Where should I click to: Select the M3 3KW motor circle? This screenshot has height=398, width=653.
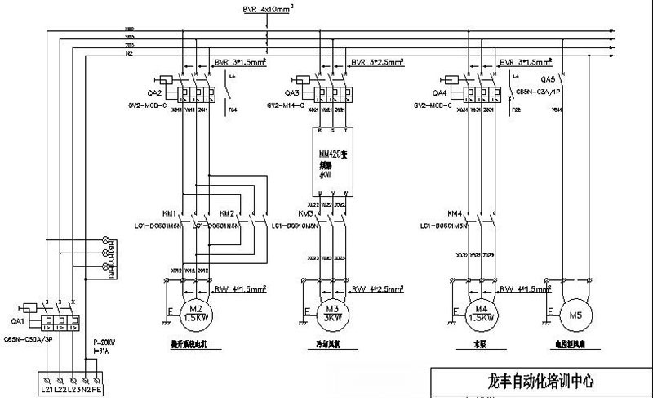(x=331, y=315)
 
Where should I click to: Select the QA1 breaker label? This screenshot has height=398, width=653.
(x=17, y=308)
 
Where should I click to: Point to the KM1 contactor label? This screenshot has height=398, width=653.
(x=169, y=212)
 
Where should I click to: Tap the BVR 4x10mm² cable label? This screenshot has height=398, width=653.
(x=269, y=10)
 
